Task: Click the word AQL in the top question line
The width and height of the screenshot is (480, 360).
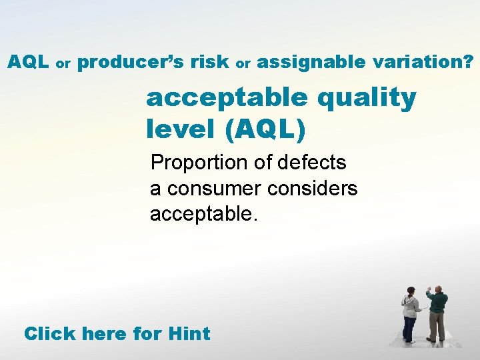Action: tap(28, 63)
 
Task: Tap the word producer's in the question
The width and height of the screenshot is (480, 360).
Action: tap(131, 63)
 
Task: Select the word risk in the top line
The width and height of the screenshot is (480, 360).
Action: tap(209, 63)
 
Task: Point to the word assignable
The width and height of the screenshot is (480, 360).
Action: tap(311, 63)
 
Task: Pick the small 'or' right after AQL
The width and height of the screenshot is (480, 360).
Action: tap(63, 65)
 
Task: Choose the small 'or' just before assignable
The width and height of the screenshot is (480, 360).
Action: tap(243, 65)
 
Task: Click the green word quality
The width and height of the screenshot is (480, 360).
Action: tap(367, 99)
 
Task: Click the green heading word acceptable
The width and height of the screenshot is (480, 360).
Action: tap(227, 99)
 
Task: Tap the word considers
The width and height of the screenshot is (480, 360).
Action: tap(312, 189)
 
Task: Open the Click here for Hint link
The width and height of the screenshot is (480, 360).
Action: tap(117, 333)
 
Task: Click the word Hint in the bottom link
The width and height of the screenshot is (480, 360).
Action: tap(189, 333)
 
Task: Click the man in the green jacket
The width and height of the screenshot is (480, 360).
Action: tap(437, 312)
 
